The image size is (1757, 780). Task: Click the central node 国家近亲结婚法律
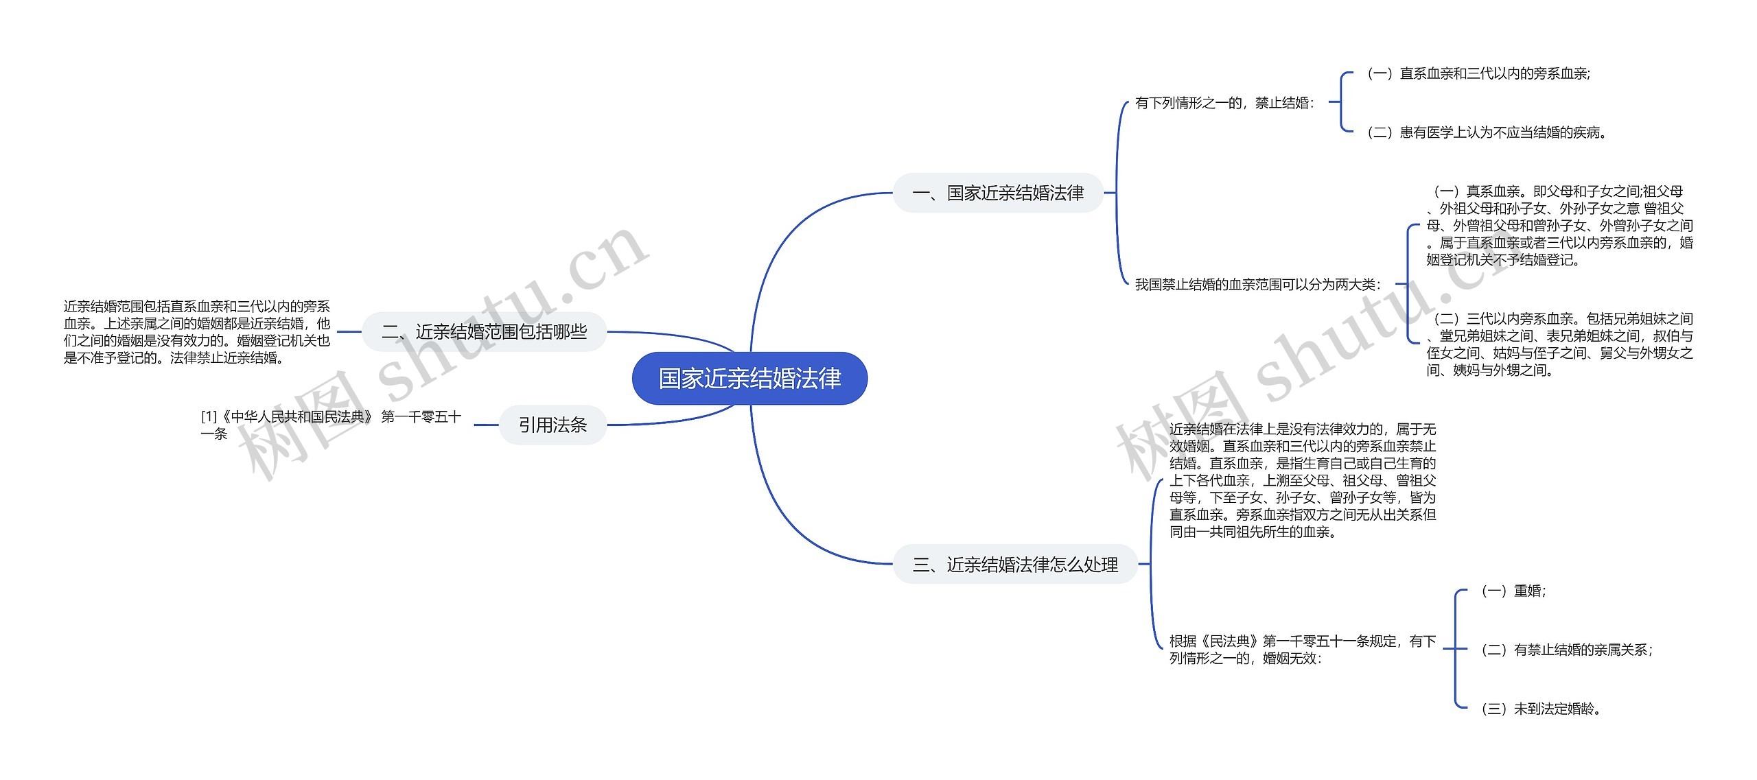click(749, 378)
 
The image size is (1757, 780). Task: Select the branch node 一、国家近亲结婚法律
click(997, 193)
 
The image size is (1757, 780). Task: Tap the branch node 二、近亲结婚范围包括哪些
click(484, 332)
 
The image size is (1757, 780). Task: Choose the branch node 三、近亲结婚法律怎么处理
click(1014, 565)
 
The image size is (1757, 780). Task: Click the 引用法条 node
click(552, 425)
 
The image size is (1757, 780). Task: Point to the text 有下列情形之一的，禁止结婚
click(1224, 103)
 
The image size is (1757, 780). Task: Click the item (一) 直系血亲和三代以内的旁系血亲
click(1478, 73)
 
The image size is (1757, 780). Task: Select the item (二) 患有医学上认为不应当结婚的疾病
click(1487, 132)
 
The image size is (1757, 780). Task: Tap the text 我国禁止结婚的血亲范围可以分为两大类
click(1257, 284)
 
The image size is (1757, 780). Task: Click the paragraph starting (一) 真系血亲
click(1559, 225)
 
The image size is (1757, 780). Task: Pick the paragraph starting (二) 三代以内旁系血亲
click(1559, 344)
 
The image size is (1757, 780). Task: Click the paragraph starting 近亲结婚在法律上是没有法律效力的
click(1303, 480)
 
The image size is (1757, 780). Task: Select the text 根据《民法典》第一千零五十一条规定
click(1303, 649)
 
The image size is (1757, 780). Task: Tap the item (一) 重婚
click(1513, 591)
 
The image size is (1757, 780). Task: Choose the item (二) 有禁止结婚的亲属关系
click(1567, 650)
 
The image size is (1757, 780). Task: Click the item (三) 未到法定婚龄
click(1541, 709)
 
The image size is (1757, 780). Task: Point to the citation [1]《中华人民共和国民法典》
click(331, 425)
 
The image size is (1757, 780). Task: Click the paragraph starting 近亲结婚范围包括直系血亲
click(197, 332)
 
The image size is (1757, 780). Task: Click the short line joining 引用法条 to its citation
click(486, 425)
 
